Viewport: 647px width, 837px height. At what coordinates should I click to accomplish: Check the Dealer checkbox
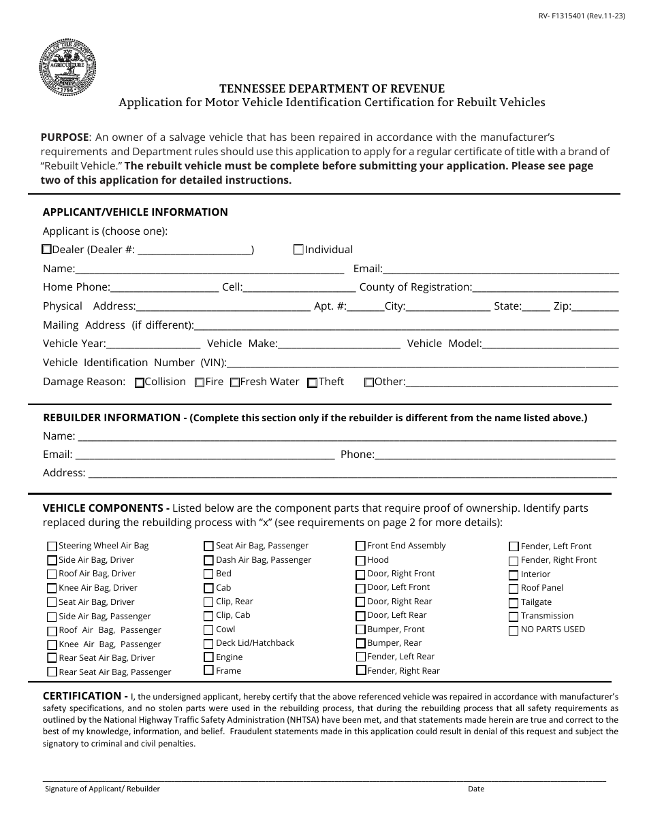(47, 250)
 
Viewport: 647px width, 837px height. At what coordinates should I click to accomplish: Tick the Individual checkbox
(298, 250)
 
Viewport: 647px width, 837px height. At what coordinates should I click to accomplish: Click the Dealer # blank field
(195, 250)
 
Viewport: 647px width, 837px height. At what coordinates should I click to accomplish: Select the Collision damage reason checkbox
(140, 382)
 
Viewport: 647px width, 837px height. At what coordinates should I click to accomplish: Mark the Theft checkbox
(313, 382)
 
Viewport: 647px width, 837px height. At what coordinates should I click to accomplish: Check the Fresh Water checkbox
(234, 382)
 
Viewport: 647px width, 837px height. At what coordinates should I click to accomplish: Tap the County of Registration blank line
(545, 288)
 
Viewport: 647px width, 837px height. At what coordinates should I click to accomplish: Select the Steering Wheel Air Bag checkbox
(52, 546)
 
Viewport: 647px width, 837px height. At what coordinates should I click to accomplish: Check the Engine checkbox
(209, 657)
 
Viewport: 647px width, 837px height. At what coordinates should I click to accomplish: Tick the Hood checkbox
(360, 560)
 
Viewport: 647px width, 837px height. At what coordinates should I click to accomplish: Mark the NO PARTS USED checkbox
(514, 630)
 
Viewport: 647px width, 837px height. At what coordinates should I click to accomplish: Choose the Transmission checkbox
(514, 617)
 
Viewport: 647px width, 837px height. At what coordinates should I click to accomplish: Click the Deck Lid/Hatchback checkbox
(209, 643)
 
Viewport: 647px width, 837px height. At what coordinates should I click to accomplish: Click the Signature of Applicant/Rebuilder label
(102, 789)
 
